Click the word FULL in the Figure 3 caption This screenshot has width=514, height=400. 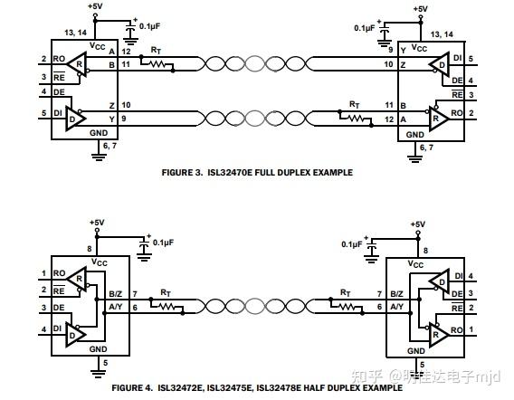point(265,173)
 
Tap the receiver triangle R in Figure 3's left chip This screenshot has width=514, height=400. point(78,64)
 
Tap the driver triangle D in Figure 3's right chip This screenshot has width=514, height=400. point(440,64)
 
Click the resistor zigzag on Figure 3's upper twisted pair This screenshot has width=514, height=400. point(157,64)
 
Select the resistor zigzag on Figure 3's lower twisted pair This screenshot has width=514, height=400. point(356,118)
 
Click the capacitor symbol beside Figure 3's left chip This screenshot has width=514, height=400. point(131,33)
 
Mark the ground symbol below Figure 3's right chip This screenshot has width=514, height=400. point(415,158)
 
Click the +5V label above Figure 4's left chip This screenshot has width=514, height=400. point(97,223)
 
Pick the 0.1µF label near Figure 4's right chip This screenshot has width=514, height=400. point(352,244)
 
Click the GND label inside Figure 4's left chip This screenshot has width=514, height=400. point(99,349)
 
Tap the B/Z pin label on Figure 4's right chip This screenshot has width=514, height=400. point(396,294)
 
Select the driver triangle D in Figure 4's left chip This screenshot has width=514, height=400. point(75,335)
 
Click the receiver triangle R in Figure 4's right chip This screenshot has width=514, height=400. point(439,334)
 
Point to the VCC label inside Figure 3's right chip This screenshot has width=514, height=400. point(419,48)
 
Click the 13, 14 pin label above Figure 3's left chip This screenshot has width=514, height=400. point(76,33)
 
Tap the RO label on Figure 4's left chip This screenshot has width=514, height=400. point(60,273)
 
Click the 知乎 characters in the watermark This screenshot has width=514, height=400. point(367,376)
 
